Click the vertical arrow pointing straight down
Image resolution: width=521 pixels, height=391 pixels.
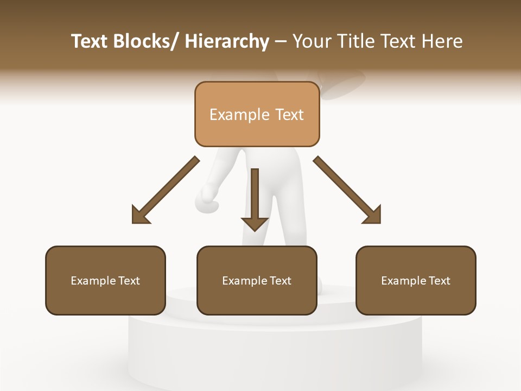(x=255, y=198)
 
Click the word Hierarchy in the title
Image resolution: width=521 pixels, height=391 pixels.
(x=227, y=42)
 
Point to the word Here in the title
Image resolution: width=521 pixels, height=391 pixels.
(x=442, y=42)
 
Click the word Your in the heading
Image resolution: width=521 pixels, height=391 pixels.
(x=311, y=42)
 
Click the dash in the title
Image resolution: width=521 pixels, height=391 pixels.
(x=281, y=42)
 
